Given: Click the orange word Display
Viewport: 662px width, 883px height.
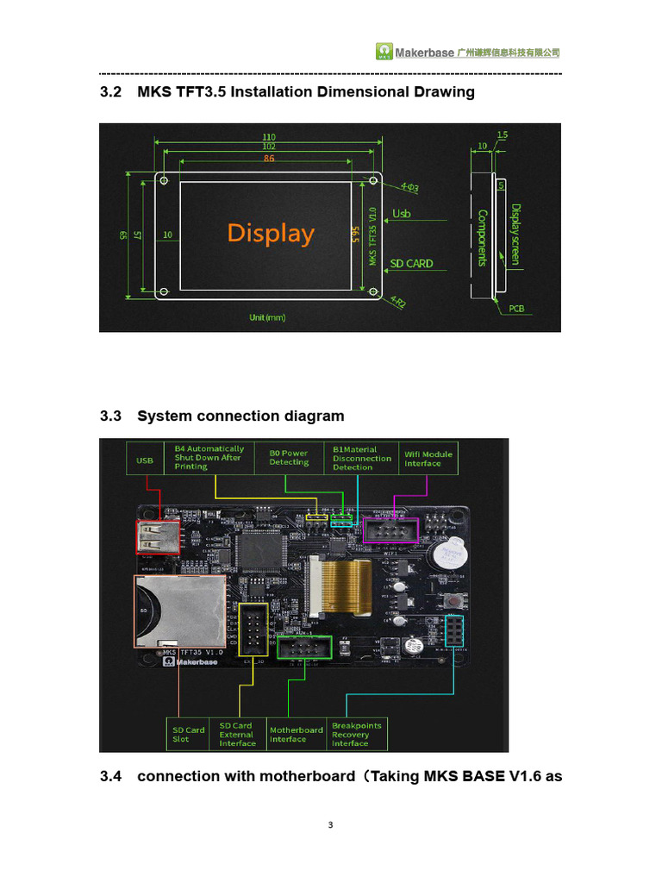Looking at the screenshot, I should tap(271, 234).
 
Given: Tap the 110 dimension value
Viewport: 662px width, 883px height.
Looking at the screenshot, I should tap(268, 137).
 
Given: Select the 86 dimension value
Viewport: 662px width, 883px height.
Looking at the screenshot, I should tap(269, 159).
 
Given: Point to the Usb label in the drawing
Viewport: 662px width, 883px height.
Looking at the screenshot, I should tap(402, 213).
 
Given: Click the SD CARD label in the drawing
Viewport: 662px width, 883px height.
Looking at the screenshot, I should tap(411, 263).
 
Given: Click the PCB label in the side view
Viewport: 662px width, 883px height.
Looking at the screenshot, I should tap(516, 308).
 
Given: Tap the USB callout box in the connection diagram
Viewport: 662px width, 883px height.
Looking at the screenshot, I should tap(145, 460).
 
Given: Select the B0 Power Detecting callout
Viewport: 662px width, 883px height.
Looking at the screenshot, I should tap(289, 458).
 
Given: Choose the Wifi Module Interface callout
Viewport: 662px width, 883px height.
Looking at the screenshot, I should tap(428, 459).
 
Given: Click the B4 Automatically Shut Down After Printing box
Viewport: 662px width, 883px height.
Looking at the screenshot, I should tap(209, 458).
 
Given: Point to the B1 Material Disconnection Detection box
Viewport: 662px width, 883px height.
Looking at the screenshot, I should tap(362, 458).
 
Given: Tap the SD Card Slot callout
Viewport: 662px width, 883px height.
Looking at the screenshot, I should tap(189, 734).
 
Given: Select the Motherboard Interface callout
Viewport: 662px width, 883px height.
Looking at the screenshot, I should tap(296, 734).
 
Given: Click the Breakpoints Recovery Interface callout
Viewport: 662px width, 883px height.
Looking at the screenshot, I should tap(356, 734).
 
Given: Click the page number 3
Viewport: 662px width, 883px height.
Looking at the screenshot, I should tap(331, 825).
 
